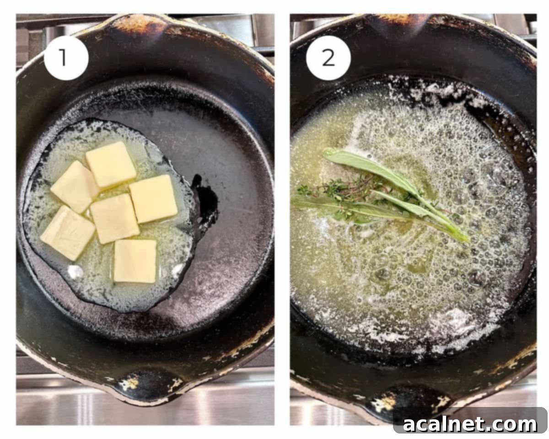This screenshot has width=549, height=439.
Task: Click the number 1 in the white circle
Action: [x=65, y=58]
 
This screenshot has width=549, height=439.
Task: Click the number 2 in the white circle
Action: [x=328, y=58]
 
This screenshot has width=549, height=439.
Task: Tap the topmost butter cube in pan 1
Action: [x=111, y=164]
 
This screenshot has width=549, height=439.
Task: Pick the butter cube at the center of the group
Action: [x=114, y=218]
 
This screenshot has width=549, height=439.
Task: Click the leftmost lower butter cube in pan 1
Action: [x=68, y=232]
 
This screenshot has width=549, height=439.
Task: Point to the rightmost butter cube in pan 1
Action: [x=153, y=198]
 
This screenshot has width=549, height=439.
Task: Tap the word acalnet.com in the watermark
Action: [x=470, y=424]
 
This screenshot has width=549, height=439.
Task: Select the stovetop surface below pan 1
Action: [x=69, y=402]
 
